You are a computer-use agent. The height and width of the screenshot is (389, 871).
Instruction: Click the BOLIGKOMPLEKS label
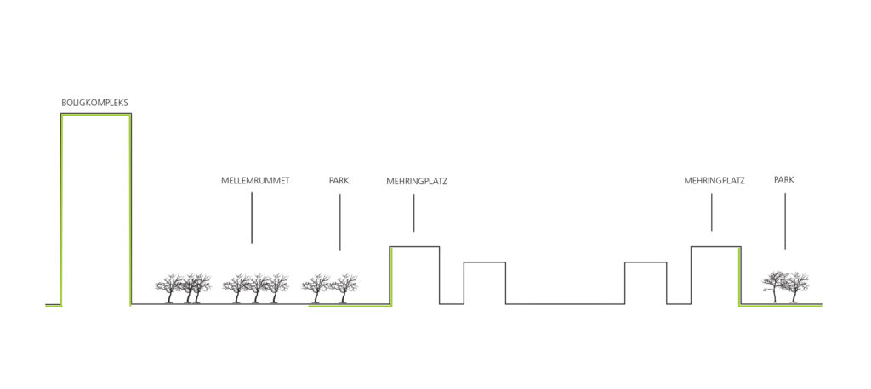click(94, 103)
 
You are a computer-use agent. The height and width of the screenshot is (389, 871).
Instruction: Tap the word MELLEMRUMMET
click(254, 181)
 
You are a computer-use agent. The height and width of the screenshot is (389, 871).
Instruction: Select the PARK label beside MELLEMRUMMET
click(339, 181)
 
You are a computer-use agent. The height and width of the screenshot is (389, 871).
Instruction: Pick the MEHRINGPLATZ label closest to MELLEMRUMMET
click(416, 181)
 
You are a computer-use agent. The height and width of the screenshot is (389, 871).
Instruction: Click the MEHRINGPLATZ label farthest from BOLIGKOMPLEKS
click(714, 181)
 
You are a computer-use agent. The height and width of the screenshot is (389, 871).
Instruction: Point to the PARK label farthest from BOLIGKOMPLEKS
click(783, 180)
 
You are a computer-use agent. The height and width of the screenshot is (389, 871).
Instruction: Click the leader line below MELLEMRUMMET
click(252, 218)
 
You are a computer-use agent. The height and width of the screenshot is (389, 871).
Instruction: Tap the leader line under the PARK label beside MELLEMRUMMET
click(339, 222)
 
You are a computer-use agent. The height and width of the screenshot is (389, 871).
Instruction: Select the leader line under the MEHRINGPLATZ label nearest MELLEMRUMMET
click(414, 213)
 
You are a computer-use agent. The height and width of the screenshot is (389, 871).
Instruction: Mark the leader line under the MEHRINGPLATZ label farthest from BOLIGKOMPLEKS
click(712, 212)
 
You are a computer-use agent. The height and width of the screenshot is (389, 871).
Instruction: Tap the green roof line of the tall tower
click(95, 116)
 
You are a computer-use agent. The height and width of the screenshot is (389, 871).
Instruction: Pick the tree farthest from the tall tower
click(798, 287)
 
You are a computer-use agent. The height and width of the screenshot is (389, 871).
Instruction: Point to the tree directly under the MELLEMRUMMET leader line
click(256, 289)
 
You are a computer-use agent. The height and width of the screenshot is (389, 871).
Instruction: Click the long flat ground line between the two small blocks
click(565, 303)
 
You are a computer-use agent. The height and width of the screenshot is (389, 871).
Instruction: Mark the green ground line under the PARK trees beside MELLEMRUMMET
click(349, 306)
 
